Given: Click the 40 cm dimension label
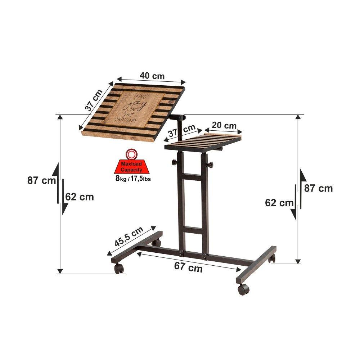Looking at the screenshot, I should tap(152, 76).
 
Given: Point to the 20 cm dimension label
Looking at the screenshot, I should tap(224, 125).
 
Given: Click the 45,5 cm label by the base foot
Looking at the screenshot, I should tap(129, 237).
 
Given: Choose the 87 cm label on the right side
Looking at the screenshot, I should tap(319, 188).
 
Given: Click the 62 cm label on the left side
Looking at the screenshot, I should tap(80, 197).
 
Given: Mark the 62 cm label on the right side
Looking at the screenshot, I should tap(279, 203).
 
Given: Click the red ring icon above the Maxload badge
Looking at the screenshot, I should tap(131, 154).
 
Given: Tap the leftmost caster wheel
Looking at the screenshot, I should tap(119, 268).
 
